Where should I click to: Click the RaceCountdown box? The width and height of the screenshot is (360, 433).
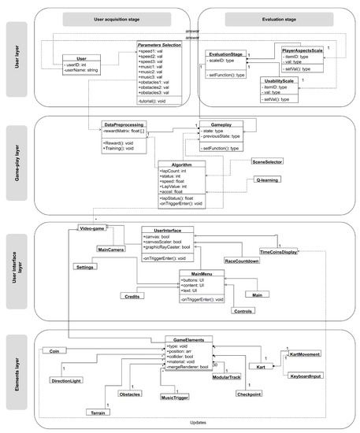242,260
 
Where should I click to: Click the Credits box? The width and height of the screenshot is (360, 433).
132,296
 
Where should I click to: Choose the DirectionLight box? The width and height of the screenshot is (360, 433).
65,381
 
